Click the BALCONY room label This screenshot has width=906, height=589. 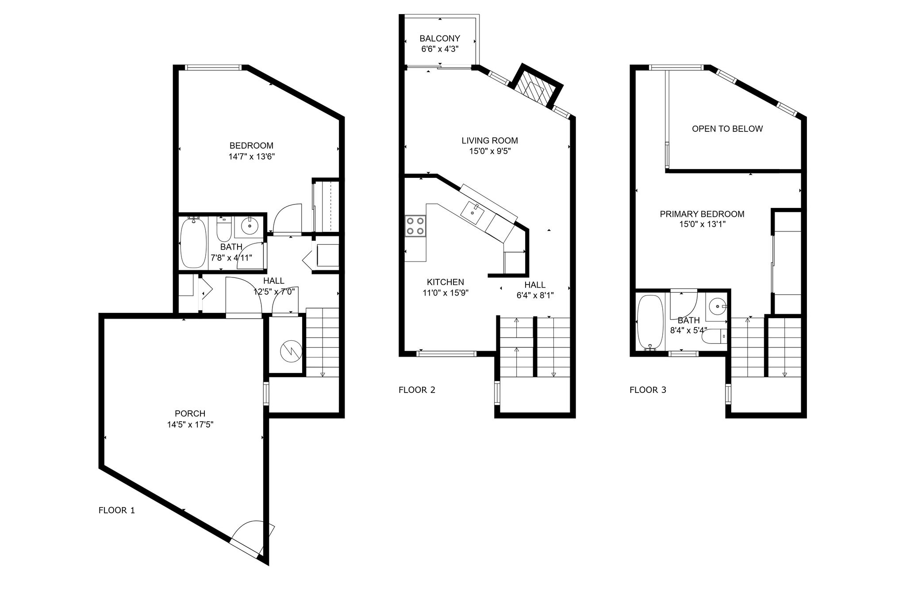coord(440,38)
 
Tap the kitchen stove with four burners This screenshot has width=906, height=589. coord(415,225)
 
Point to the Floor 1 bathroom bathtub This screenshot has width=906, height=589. coord(193,242)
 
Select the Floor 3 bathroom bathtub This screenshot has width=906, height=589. coord(650,322)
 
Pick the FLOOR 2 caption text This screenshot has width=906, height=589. coord(417,390)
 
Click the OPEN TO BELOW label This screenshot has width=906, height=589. coord(727,129)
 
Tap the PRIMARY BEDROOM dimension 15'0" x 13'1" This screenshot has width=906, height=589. coord(703,224)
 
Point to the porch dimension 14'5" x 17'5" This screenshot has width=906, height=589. coord(190,424)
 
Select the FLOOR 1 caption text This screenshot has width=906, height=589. coord(116,510)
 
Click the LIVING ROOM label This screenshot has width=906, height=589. coord(490,141)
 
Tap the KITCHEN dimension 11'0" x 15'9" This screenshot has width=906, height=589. coord(445,293)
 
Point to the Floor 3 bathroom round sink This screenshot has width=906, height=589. coord(717,305)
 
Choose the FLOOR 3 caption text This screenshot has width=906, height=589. coord(648,390)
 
